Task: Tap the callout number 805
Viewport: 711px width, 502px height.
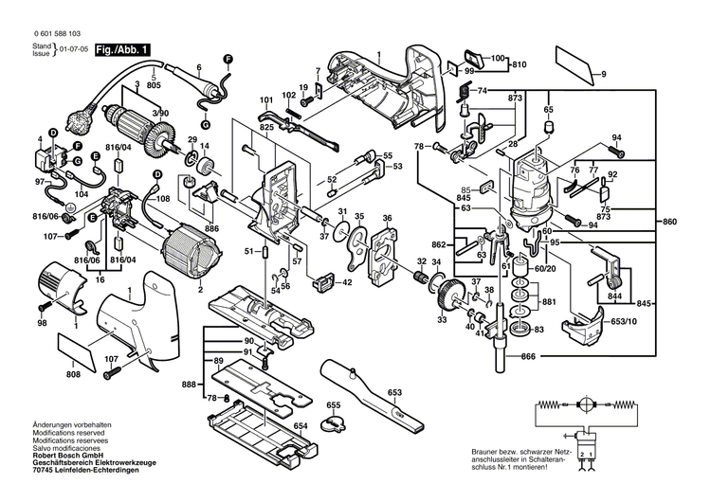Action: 155,86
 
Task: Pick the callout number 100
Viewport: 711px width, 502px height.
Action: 497,59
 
